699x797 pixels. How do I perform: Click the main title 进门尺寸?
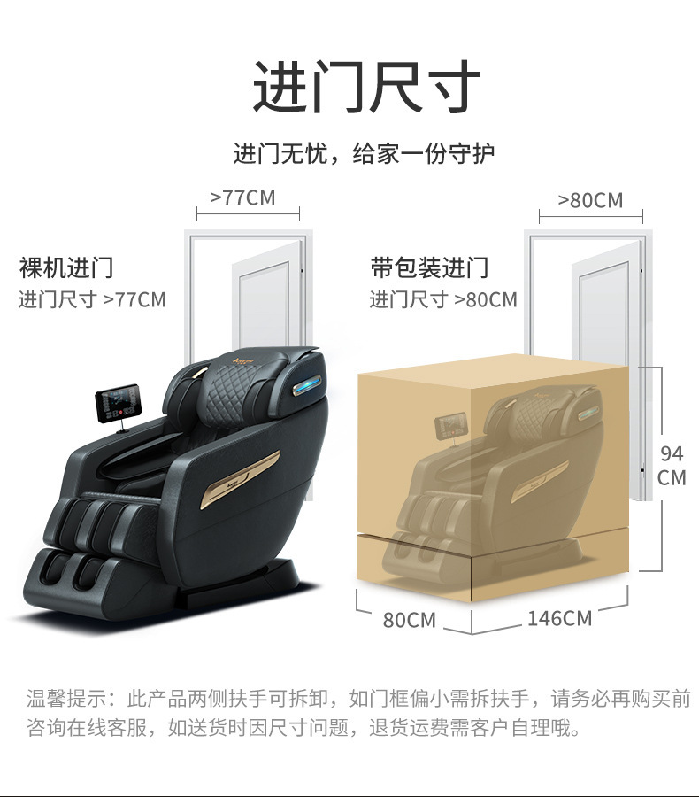(366, 87)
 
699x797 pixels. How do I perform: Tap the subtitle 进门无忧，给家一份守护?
(364, 153)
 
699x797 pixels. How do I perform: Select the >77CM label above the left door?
(242, 198)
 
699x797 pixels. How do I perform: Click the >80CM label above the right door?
(590, 200)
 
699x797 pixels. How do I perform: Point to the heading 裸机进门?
(66, 267)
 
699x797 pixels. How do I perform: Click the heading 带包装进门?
(429, 267)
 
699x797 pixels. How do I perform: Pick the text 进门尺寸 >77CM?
(92, 299)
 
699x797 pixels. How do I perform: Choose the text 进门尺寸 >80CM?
(443, 299)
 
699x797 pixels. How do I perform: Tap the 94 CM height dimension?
(672, 466)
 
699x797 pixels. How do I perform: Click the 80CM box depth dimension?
(410, 620)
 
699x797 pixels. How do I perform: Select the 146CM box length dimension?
(559, 618)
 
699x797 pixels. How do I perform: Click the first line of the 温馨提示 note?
(358, 699)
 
